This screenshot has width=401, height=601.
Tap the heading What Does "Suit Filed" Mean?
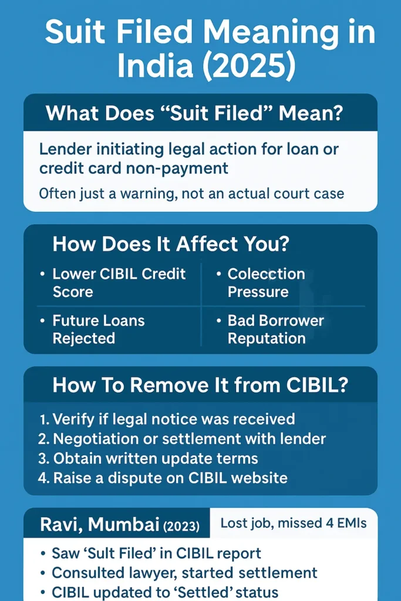coord(194,112)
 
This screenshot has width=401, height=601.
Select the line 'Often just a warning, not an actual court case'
coord(191,193)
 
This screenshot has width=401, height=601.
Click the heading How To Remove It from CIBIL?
coord(200,385)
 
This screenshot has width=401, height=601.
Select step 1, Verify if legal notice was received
coord(167,419)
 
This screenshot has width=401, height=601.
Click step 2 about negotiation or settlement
coord(182,438)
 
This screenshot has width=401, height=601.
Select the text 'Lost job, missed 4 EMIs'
coord(294,523)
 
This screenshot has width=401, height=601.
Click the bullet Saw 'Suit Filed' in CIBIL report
coord(156,553)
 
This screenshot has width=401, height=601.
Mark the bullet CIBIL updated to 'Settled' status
coord(165,592)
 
